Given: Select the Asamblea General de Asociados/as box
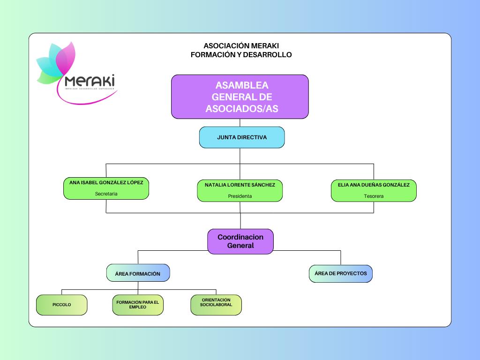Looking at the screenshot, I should [x=240, y=97].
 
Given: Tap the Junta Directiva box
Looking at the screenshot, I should [x=242, y=137].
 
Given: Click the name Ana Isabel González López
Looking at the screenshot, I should [x=106, y=182].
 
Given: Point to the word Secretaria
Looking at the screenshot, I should [x=106, y=194].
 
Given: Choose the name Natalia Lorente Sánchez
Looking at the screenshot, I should [x=240, y=185].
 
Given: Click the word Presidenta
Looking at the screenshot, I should [x=240, y=196].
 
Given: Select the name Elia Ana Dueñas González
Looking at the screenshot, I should [x=374, y=185].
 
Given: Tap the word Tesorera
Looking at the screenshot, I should [x=374, y=196].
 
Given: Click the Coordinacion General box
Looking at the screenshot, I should [x=240, y=241].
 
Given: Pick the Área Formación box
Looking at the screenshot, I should [x=138, y=273].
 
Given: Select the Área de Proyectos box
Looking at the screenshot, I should [x=341, y=273].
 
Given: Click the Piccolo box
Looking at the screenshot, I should [x=62, y=305].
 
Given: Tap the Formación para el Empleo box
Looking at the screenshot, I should [x=138, y=305].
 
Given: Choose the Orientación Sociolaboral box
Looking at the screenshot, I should [x=216, y=305].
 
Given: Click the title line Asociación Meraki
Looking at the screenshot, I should [x=241, y=46].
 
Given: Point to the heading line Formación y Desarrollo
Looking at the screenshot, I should [x=241, y=55].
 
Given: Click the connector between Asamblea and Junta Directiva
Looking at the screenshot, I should [x=240, y=123].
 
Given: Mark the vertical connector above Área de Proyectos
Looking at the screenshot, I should [x=341, y=257].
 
